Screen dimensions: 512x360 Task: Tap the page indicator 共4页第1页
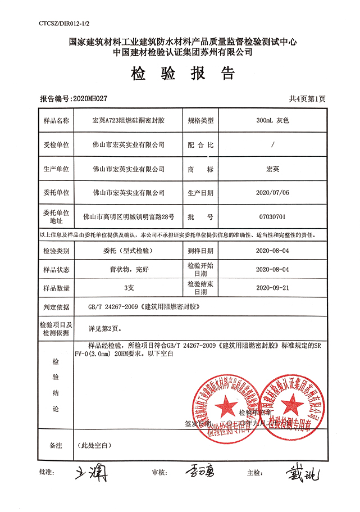[x=307, y=98]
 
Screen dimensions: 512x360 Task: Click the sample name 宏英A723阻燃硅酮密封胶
[x=129, y=120]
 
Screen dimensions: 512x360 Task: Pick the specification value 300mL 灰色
[x=272, y=120]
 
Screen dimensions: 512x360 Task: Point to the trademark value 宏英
[x=272, y=169]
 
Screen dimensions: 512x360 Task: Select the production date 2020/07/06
[x=272, y=192]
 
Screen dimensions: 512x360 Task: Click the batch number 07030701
[x=272, y=216]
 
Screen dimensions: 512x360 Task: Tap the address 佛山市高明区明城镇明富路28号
[x=129, y=216]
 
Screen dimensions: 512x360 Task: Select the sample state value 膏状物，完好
[x=129, y=269]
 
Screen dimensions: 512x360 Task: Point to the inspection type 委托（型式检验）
[x=129, y=251]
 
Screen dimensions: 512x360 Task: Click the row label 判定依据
[x=55, y=307]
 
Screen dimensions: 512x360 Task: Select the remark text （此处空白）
[x=97, y=445]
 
